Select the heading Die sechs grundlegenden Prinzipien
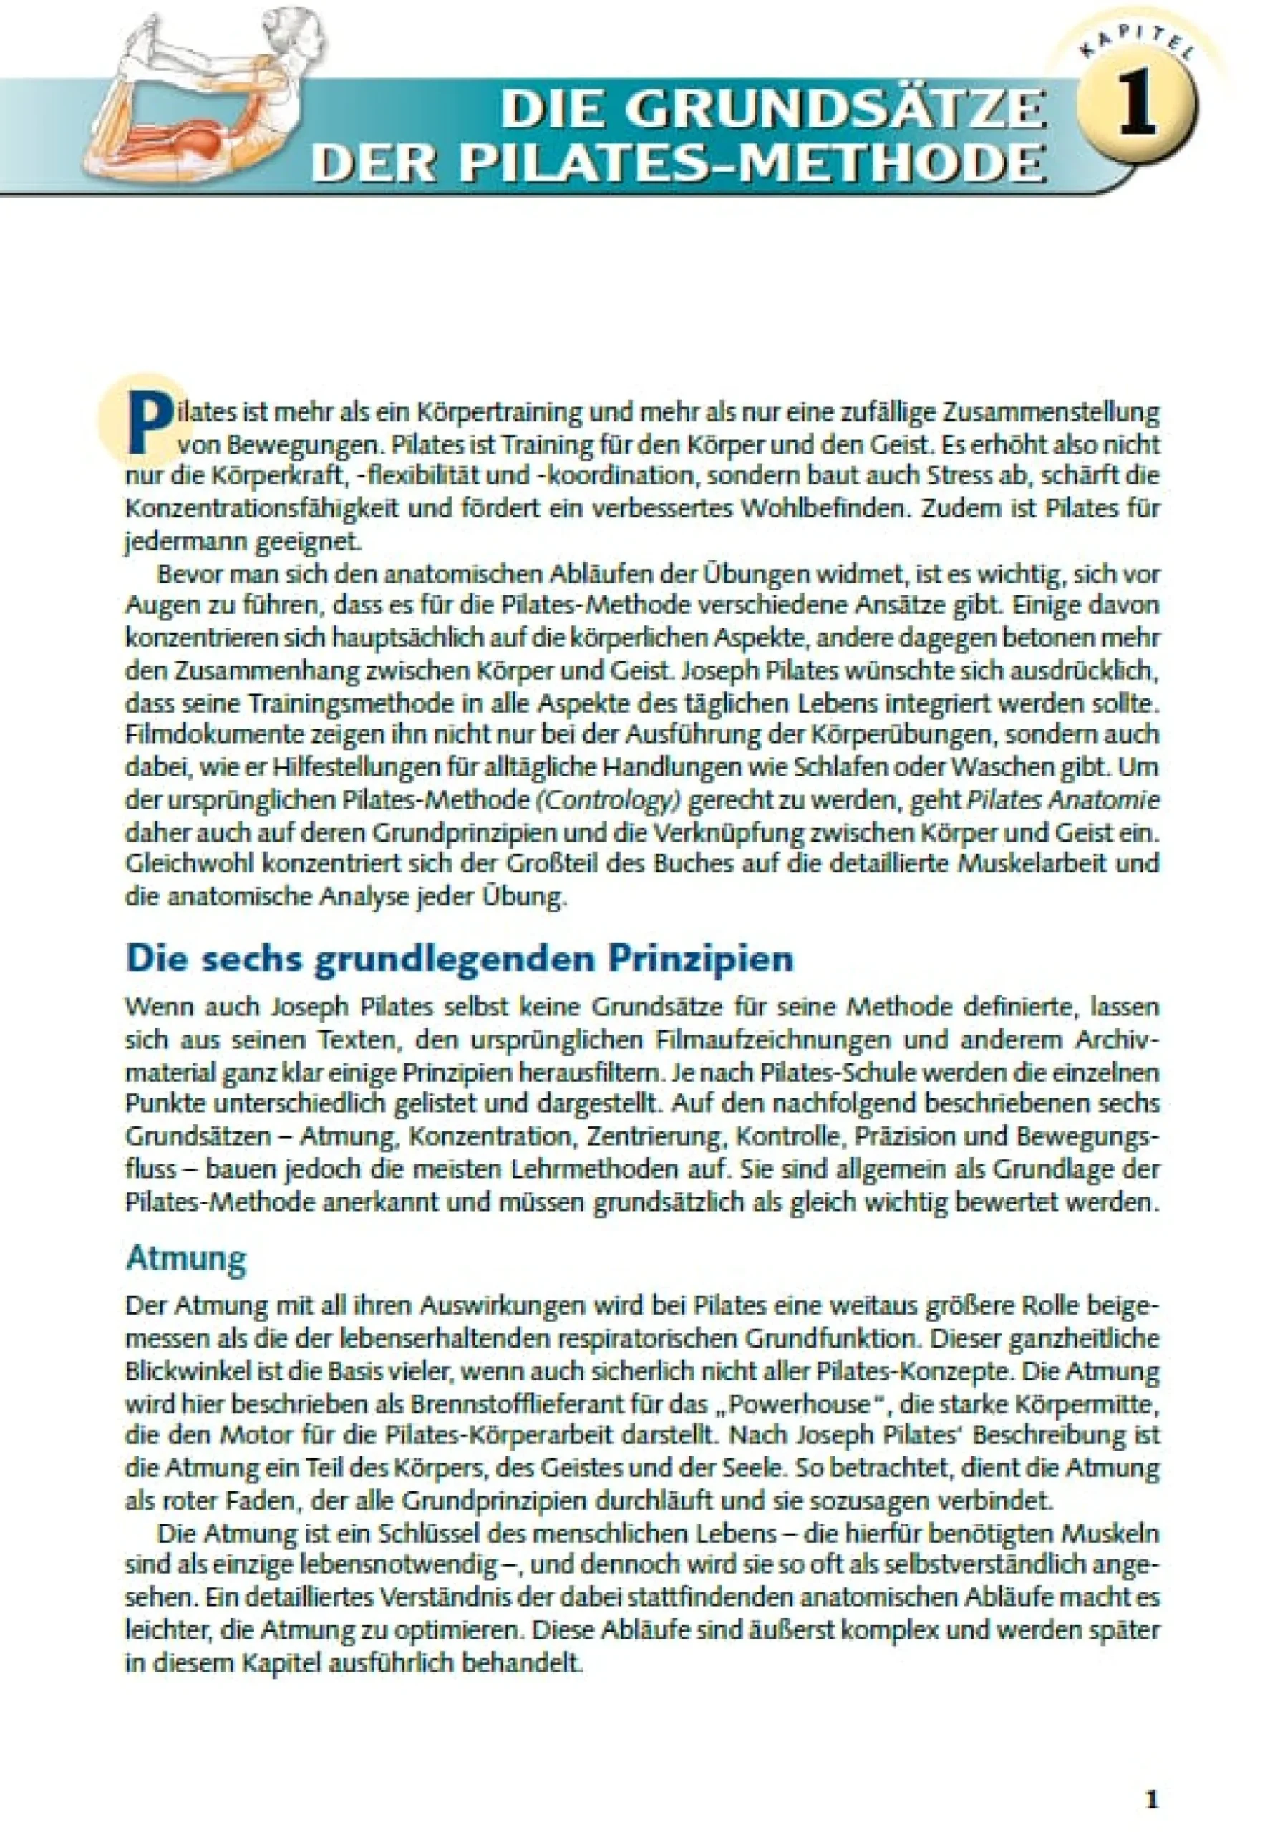click(459, 958)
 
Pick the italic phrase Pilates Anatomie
click(1062, 799)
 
